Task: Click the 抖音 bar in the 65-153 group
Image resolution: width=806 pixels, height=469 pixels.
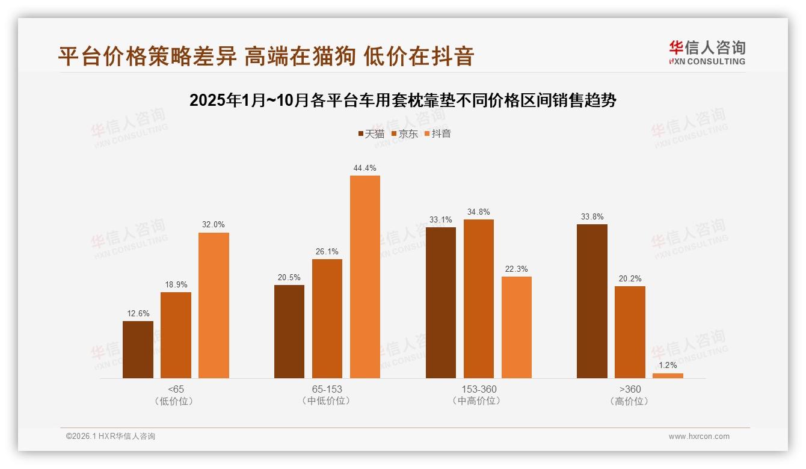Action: pyautogui.click(x=365, y=277)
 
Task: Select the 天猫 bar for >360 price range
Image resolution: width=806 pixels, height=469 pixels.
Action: pyautogui.click(x=592, y=301)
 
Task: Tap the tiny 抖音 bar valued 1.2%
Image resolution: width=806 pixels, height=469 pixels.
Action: pyautogui.click(x=668, y=375)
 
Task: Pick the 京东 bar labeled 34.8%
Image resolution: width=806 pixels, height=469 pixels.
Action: pyautogui.click(x=479, y=298)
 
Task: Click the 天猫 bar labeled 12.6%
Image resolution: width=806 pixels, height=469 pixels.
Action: pyautogui.click(x=138, y=349)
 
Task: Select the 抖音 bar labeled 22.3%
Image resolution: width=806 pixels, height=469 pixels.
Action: pyautogui.click(x=517, y=327)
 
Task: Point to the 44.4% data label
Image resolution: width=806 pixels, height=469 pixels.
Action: pyautogui.click(x=365, y=168)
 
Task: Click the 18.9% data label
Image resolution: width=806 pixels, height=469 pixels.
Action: pyautogui.click(x=176, y=284)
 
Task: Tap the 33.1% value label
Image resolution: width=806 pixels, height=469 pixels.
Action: pyautogui.click(x=441, y=219)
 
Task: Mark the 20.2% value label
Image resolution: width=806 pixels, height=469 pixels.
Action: pyautogui.click(x=630, y=278)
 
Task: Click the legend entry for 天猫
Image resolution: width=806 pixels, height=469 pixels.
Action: pyautogui.click(x=371, y=133)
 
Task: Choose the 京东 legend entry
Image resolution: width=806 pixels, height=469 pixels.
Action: pyautogui.click(x=405, y=133)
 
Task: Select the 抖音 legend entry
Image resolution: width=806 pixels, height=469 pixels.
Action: pyautogui.click(x=438, y=133)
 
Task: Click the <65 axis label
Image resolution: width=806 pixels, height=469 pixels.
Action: pyautogui.click(x=176, y=389)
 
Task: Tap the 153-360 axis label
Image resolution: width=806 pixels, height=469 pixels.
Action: pyautogui.click(x=479, y=389)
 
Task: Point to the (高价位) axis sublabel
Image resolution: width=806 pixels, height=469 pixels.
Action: pyautogui.click(x=630, y=401)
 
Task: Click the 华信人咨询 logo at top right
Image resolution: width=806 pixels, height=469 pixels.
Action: pyautogui.click(x=707, y=52)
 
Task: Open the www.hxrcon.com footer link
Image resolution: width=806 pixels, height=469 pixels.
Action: pyautogui.click(x=699, y=437)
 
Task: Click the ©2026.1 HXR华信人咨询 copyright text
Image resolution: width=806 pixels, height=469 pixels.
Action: pyautogui.click(x=111, y=437)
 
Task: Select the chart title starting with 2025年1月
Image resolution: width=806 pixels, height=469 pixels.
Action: pyautogui.click(x=402, y=100)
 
